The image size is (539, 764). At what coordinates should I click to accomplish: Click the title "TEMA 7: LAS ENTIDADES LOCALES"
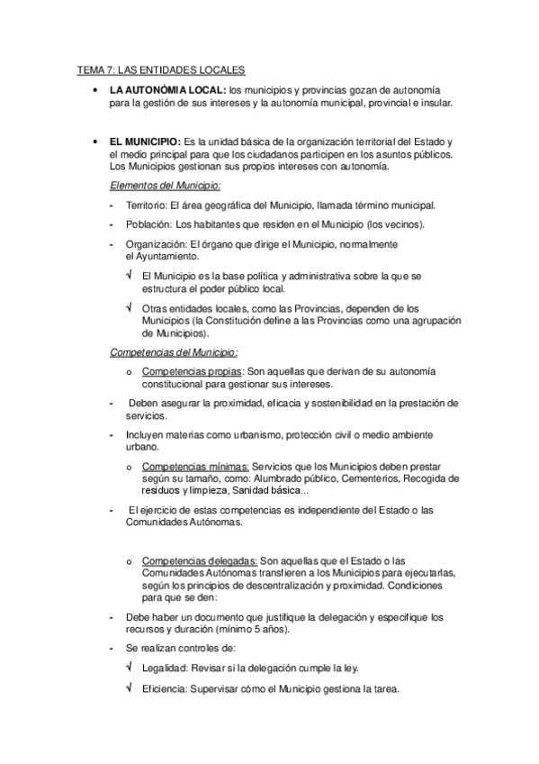click(159, 70)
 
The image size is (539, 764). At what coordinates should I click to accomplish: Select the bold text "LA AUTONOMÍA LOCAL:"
click(167, 91)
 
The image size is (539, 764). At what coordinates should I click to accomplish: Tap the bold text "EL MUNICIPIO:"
click(145, 143)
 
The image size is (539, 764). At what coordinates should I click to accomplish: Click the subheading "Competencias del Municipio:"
click(167, 351)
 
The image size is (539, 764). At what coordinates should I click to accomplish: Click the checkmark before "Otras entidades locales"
click(130, 307)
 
